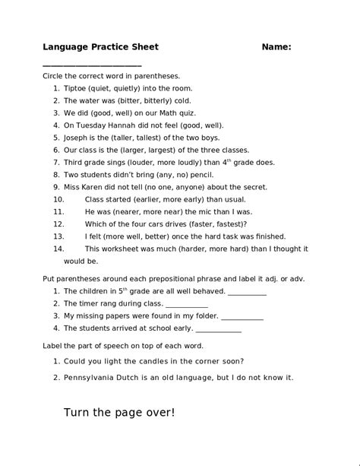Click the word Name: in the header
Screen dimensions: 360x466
pos(276,47)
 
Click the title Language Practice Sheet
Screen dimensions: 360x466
pos(100,47)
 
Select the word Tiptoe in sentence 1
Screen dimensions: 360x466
pos(76,88)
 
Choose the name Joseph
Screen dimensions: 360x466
pos(78,138)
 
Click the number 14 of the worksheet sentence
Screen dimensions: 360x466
pos(58,249)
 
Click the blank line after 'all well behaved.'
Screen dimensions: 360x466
pos(247,291)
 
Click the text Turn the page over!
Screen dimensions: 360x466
pos(119,413)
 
